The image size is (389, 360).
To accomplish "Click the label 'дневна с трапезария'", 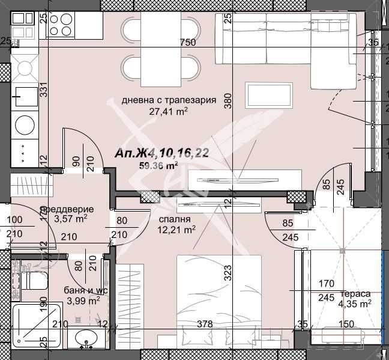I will click(169, 100).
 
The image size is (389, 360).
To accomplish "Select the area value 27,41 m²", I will click(169, 111).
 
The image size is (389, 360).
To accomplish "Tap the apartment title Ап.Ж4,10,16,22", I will click(161, 154).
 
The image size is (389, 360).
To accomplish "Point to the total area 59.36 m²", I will click(158, 166).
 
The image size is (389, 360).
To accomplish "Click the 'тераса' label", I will click(355, 294).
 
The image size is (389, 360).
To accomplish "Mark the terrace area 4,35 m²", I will click(355, 304).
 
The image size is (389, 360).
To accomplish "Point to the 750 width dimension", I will click(188, 42).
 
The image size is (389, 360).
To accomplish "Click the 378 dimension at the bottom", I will click(205, 324).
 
